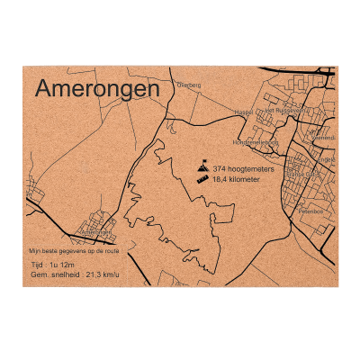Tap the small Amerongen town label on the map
[x=94, y=232]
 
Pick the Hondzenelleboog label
[x=256, y=142]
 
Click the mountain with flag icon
[x=204, y=166]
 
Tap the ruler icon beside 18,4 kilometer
[x=203, y=180]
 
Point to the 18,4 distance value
[x=221, y=180]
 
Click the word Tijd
[x=37, y=266]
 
